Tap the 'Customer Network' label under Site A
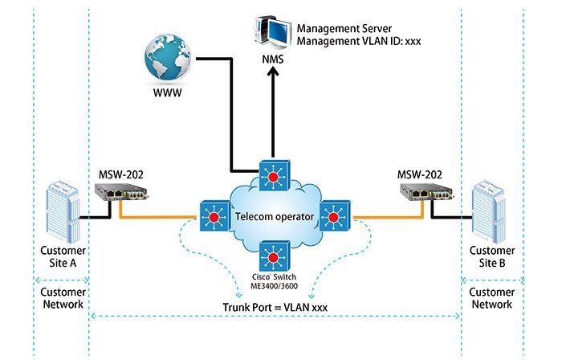click(x=62, y=298)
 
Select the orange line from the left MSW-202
click(x=157, y=215)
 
